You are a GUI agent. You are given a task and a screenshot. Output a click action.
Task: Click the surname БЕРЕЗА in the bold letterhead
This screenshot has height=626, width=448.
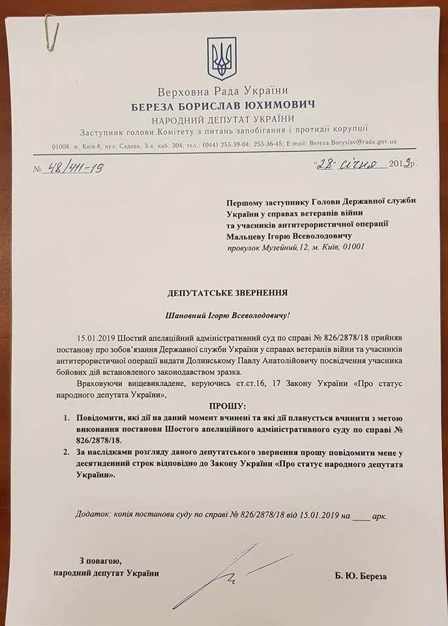pos(155,106)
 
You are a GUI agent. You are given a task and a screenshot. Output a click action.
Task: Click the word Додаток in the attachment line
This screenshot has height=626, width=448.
pos(93,515)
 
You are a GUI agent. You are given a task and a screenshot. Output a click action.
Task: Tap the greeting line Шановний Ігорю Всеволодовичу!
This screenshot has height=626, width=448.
pos(226,316)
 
